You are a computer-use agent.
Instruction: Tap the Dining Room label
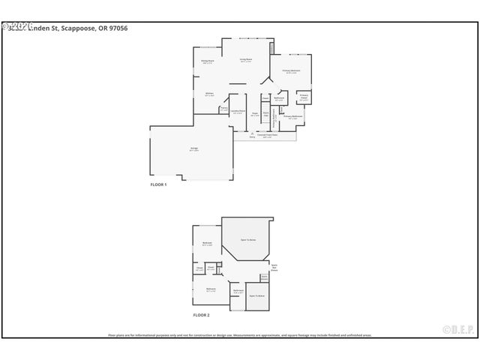point(208,62)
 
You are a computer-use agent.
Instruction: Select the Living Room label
point(245,60)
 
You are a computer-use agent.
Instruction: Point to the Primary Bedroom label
point(291,71)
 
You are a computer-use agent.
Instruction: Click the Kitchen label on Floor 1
point(210,94)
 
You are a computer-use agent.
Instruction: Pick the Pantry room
point(223,109)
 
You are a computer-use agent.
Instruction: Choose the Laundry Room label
point(237,112)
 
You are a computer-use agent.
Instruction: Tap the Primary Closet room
point(304,97)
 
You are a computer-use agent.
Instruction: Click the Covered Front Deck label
point(265,136)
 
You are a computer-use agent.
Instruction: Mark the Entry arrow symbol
point(252,134)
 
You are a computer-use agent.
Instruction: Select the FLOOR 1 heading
point(158,184)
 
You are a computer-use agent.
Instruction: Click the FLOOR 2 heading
point(201,315)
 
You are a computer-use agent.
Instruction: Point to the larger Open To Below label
point(248,241)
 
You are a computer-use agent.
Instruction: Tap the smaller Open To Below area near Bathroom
point(257,296)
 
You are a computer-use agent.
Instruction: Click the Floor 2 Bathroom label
point(238,291)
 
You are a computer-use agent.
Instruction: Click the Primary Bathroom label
point(292,117)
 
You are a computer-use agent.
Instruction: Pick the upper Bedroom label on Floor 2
point(207,244)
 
